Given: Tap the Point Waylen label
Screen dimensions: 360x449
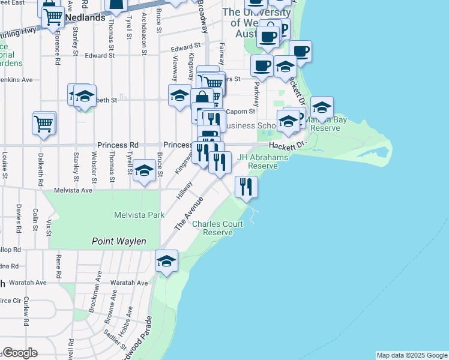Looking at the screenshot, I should point(119,241).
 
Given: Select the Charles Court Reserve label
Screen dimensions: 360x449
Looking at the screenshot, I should point(217,228).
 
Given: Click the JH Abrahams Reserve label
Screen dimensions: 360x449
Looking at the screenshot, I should point(263,161).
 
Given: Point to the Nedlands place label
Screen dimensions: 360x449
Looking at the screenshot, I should point(85,18).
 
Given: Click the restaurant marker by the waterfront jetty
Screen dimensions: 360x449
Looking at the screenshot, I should point(246,187).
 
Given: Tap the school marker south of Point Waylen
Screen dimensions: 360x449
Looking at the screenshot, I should point(166,261).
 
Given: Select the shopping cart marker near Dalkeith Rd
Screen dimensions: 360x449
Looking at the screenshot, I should point(44,124).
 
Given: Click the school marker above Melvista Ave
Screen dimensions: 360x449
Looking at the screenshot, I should point(144,172).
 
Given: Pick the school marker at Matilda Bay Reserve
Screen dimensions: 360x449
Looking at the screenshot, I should point(322,107).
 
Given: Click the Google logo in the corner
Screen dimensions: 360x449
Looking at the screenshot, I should point(19,353).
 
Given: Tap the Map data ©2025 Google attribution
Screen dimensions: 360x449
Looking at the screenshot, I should point(412,355).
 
